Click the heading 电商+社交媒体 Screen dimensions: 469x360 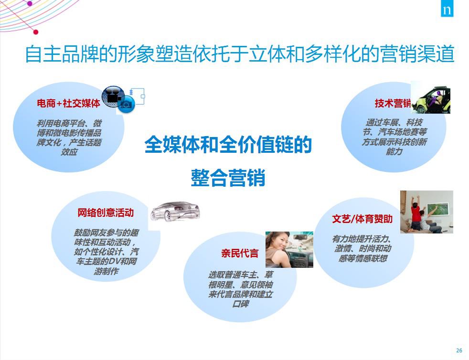(68, 103)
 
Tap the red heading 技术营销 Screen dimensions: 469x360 (393, 103)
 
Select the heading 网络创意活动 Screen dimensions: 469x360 (105, 212)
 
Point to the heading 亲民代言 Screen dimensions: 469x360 (240, 253)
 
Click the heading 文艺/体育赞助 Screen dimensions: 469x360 (362, 219)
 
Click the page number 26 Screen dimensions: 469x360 (459, 350)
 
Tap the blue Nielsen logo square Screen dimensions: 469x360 (447, 9)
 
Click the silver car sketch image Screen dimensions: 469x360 (175, 211)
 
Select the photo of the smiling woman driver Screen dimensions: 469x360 (289, 249)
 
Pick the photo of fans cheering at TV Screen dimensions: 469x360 (426, 212)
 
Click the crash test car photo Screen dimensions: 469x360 (430, 97)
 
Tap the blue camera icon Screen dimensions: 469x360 (126, 105)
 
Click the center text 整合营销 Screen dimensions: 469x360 (228, 178)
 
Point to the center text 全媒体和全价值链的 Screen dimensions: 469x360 (228, 145)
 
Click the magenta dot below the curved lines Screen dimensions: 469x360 (36, 32)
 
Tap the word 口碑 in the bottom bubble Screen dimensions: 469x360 (241, 304)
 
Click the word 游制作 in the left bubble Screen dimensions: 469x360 (106, 271)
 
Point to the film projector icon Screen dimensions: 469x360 (113, 96)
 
